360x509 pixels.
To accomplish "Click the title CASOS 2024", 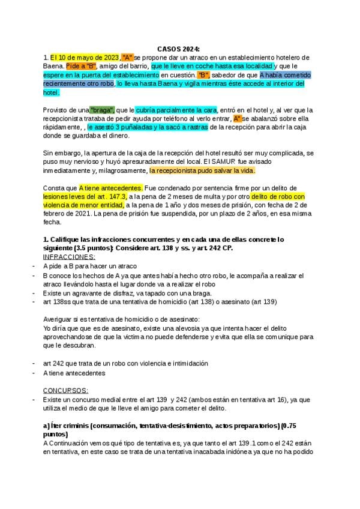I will pos(179,48).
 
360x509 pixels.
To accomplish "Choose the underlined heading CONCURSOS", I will pos(66,390).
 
